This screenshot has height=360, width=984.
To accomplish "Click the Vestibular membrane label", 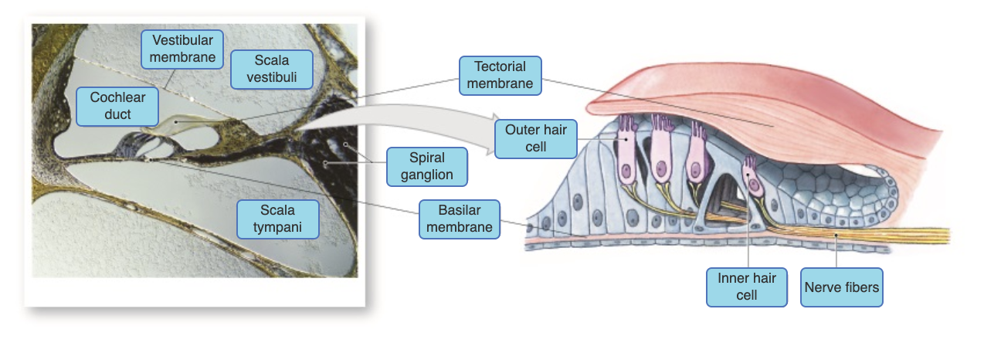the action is (x=182, y=48).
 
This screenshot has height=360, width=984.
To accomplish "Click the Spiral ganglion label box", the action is (x=426, y=166).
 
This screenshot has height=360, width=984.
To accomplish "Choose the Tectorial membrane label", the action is (x=500, y=75).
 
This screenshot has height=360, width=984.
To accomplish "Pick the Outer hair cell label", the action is (x=535, y=138).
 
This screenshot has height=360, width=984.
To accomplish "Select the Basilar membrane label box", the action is (x=459, y=218).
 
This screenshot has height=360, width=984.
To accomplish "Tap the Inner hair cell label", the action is (x=746, y=286).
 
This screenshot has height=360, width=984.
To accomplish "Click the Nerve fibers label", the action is (x=841, y=287).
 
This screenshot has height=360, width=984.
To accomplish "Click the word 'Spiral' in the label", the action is (x=426, y=158).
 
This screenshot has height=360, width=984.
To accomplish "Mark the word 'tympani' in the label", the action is (x=277, y=226).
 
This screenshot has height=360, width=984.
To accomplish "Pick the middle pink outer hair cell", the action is (x=663, y=155).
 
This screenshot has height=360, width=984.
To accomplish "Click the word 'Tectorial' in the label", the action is (x=500, y=66).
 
